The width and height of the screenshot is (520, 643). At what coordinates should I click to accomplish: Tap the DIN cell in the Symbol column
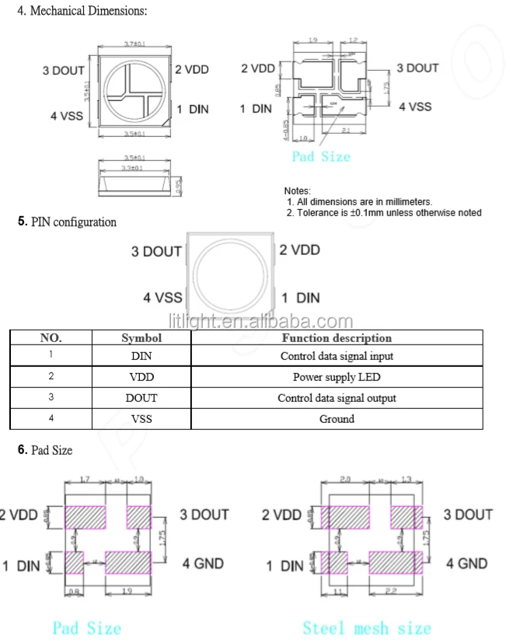141,356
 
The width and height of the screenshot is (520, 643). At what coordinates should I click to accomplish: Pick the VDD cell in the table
141,377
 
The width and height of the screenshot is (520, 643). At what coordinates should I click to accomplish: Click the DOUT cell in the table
141,398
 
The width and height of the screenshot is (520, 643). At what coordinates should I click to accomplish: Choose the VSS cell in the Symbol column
141,419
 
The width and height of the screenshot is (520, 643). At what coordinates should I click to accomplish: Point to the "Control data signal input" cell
337,356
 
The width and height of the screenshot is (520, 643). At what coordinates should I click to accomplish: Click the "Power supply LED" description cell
337,377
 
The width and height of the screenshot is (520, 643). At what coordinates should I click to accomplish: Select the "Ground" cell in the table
337,419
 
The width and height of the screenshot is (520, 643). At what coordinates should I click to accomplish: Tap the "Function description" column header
337,338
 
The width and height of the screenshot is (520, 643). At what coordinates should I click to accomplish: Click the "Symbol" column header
141,338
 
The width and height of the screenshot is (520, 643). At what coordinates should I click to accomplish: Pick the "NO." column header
51,338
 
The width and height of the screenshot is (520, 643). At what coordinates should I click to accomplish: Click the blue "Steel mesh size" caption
366,627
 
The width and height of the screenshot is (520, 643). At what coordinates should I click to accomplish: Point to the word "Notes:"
297,190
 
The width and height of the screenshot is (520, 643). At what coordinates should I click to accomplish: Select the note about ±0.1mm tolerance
384,212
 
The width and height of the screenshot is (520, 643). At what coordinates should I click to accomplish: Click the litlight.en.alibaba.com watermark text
260,321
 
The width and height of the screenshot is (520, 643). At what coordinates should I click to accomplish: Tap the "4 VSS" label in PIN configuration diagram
162,297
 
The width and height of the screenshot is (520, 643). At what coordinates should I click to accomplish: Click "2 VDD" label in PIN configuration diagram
299,250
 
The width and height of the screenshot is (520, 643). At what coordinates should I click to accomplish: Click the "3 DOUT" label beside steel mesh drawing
467,514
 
